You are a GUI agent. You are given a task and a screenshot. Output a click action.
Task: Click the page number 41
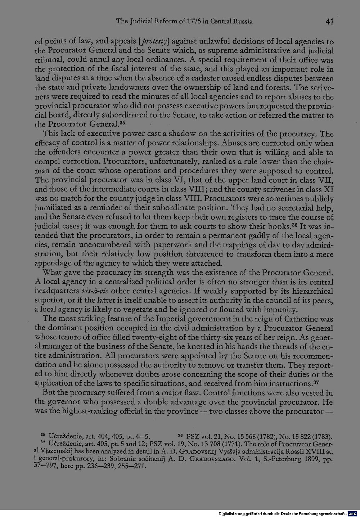[329, 22]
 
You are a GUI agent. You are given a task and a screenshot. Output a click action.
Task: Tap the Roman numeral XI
[329, 189]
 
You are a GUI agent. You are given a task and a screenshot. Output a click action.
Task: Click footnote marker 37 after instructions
[316, 382]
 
